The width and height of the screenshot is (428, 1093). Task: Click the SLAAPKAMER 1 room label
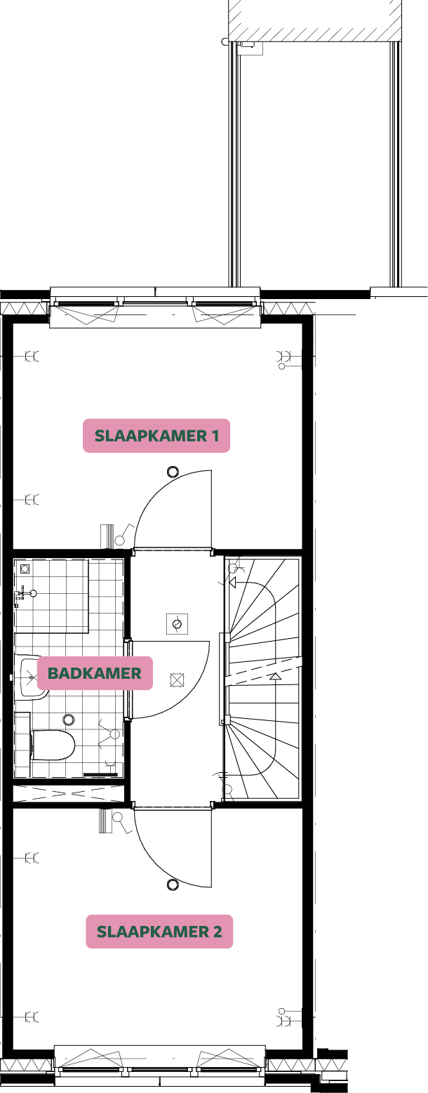click(x=156, y=436)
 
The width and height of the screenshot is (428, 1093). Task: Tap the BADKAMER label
click(x=95, y=673)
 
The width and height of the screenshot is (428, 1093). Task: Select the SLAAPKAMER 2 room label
click(x=159, y=932)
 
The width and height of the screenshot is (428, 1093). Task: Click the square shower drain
click(x=25, y=568)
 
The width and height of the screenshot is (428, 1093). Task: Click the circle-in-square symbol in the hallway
click(x=177, y=623)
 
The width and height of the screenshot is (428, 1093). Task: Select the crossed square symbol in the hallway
click(x=177, y=680)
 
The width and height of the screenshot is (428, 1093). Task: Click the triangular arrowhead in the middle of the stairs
click(x=275, y=677)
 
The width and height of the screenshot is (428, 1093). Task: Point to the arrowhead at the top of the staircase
click(x=234, y=582)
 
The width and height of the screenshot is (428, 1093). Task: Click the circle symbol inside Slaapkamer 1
click(x=173, y=472)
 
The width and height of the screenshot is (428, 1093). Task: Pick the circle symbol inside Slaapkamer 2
click(x=173, y=885)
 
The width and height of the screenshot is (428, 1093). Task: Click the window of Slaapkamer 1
click(x=156, y=308)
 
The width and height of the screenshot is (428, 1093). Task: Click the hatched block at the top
click(x=315, y=20)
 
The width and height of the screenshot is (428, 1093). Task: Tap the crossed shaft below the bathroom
click(x=69, y=793)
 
